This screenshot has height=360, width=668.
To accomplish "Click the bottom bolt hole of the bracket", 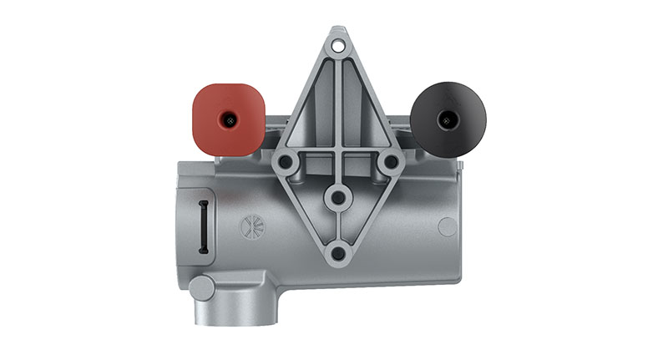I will pyautogui.click(x=337, y=252).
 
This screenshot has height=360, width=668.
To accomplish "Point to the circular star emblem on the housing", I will pyautogui.click(x=250, y=226).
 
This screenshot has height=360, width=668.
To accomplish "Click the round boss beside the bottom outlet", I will pyautogui.click(x=201, y=288).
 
